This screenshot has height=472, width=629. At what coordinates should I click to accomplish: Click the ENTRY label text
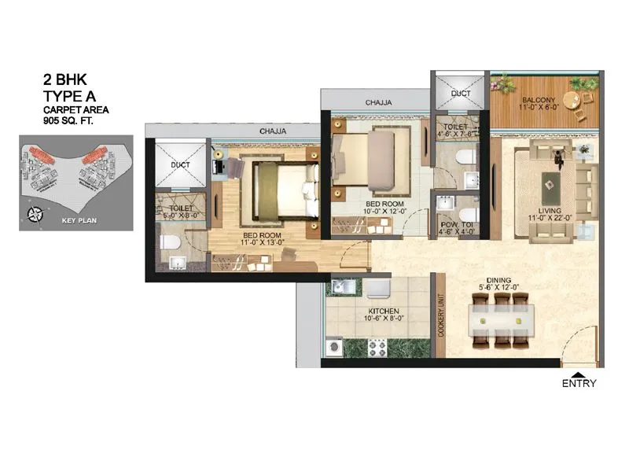point(579,384)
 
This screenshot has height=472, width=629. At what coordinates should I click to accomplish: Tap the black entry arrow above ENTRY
point(579,374)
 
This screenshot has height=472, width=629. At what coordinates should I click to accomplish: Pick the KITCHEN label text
point(384,312)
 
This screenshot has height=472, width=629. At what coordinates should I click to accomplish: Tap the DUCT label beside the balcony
point(460,93)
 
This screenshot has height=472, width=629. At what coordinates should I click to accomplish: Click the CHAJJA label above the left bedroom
point(273,131)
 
